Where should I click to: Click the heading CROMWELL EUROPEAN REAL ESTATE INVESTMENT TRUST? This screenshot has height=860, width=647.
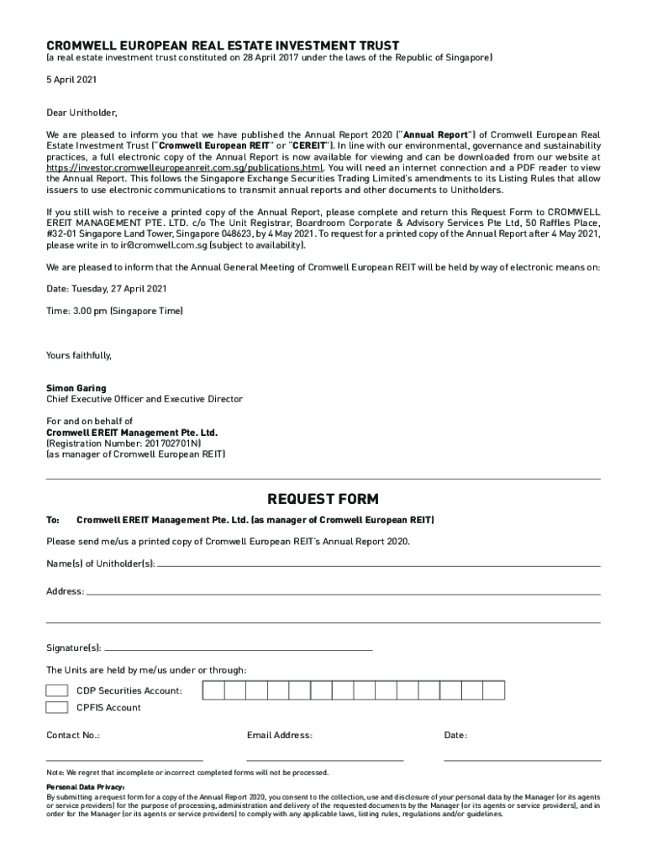(x=223, y=45)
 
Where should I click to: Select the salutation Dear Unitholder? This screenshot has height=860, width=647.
(x=82, y=112)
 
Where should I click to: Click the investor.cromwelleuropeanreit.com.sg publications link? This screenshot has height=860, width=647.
(x=184, y=167)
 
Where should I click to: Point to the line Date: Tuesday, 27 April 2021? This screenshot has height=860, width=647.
(x=106, y=288)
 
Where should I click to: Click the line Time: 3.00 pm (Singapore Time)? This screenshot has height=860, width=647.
(x=114, y=311)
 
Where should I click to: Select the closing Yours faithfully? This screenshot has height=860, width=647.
(x=79, y=355)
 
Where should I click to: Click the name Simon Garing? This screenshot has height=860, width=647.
(x=76, y=388)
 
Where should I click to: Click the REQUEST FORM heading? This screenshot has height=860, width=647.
(x=323, y=499)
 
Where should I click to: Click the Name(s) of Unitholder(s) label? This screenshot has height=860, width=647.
(x=101, y=563)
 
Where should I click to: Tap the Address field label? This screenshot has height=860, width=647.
(x=65, y=591)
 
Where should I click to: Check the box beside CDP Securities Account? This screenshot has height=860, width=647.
(x=57, y=690)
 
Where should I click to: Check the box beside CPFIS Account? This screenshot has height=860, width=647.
(x=57, y=707)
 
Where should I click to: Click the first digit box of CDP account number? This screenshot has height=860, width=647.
(x=213, y=690)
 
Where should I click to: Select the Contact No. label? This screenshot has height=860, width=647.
(x=73, y=735)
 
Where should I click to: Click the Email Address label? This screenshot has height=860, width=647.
(x=280, y=735)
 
